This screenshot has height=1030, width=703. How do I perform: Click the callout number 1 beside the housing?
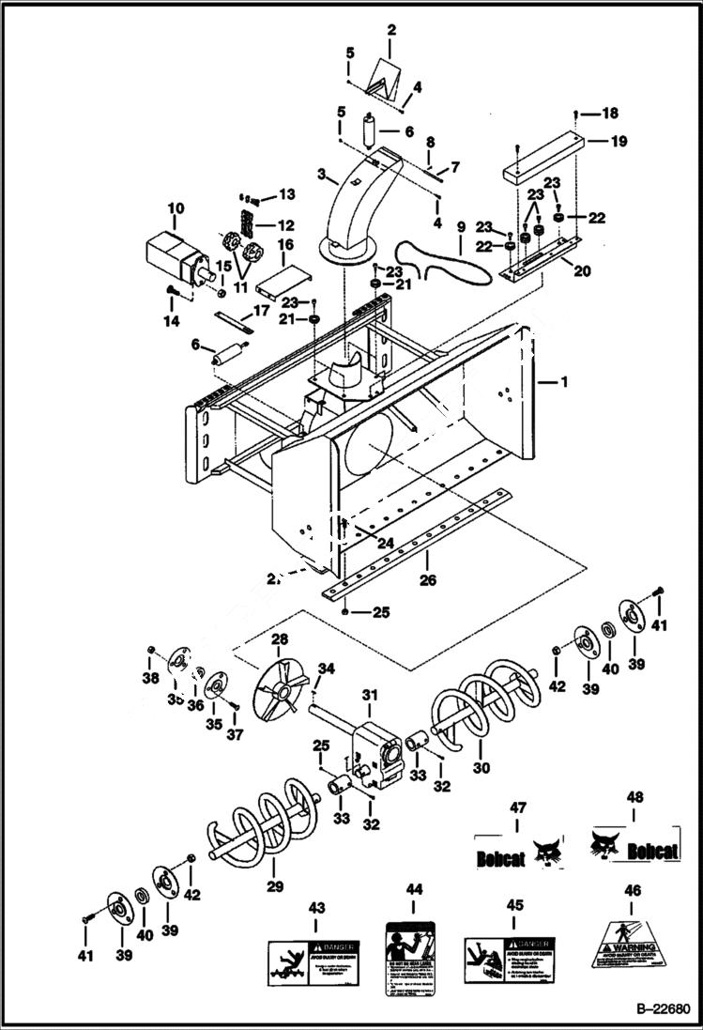(x=564, y=382)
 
